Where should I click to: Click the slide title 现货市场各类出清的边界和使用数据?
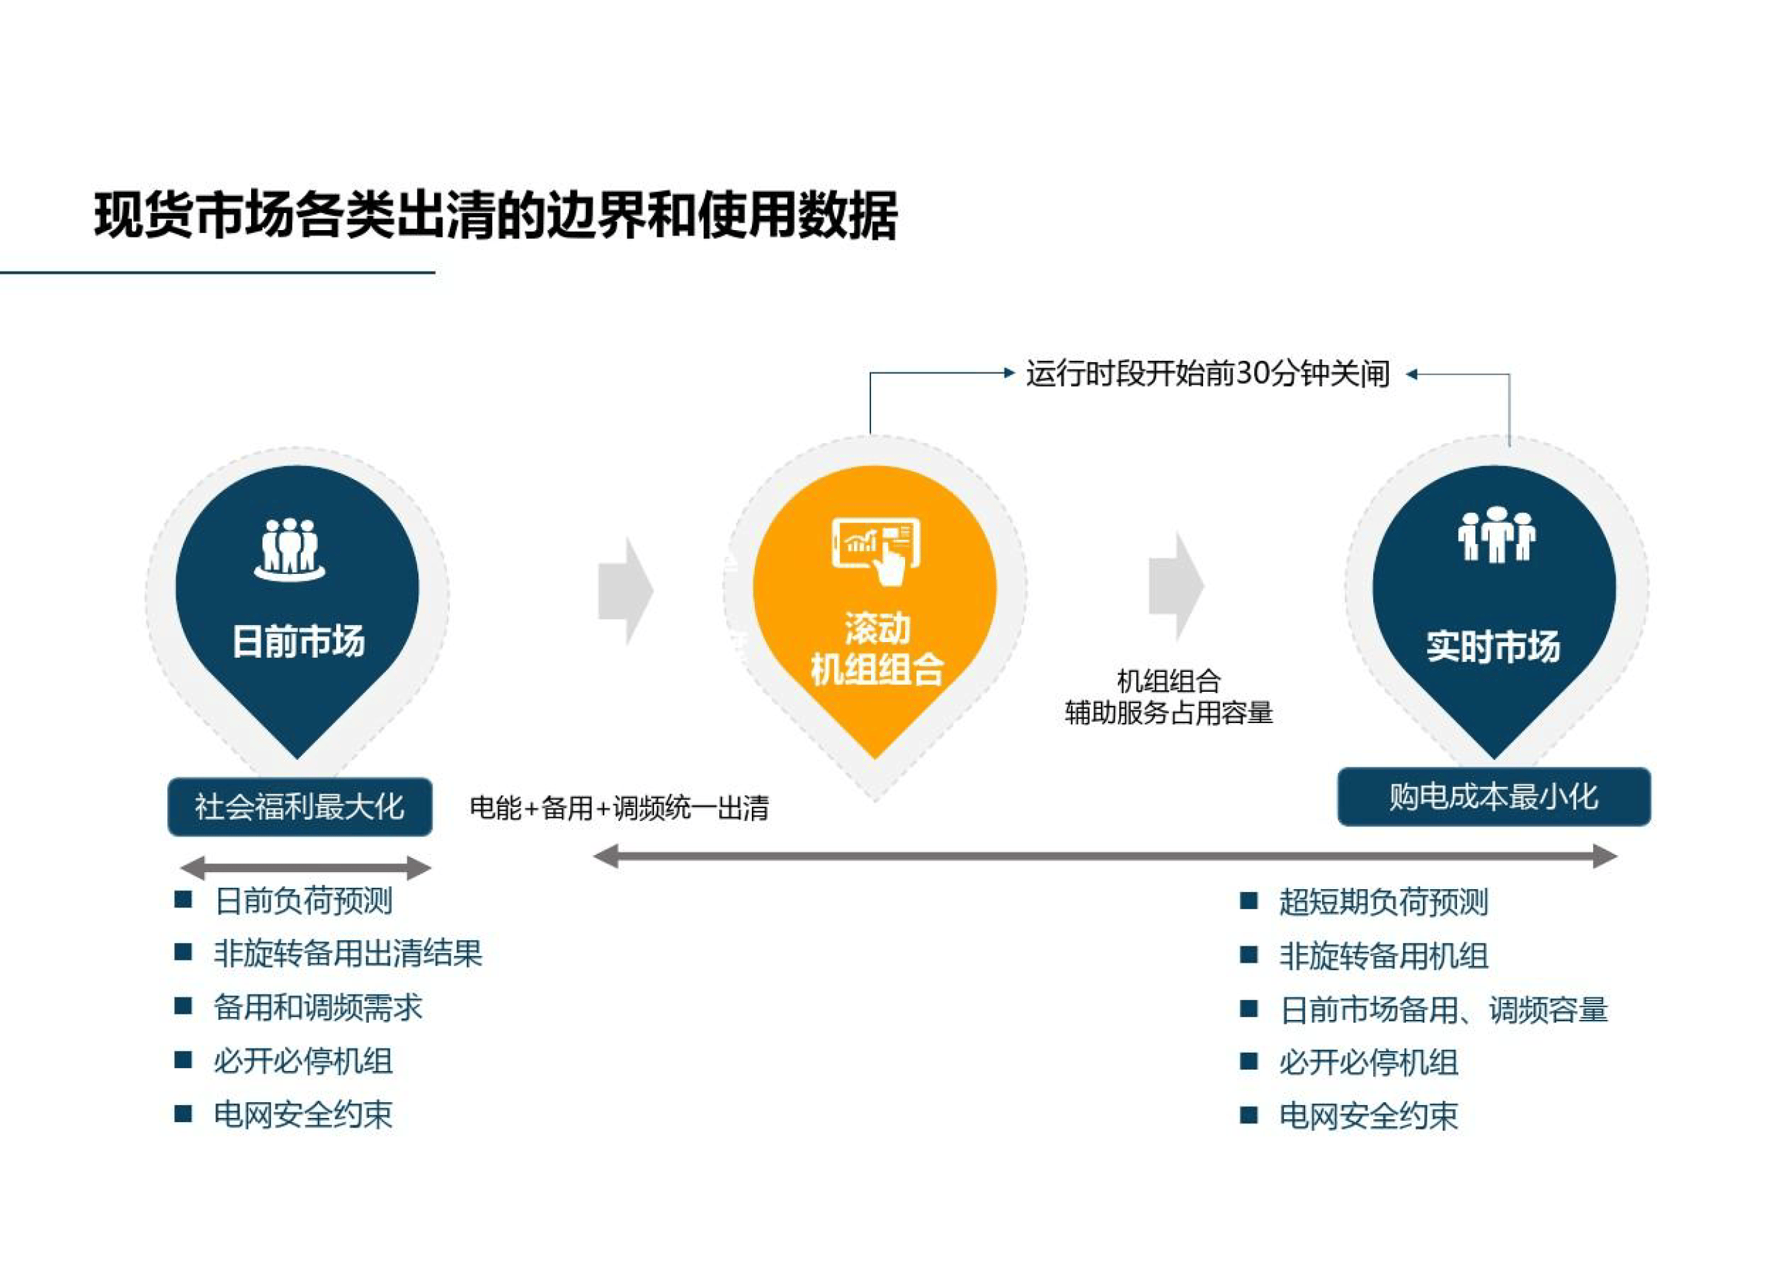(495, 214)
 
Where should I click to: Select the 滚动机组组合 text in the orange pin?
(876, 650)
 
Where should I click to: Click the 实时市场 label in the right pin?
(1493, 647)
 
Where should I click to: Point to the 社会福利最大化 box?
(300, 807)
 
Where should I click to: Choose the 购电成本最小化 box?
(1494, 797)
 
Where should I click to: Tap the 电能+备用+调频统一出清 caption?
(619, 808)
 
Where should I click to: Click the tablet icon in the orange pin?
(876, 549)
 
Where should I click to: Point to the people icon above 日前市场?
(289, 549)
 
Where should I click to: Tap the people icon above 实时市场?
(1496, 535)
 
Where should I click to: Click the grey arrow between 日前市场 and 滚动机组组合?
(625, 590)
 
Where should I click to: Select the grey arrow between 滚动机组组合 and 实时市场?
(1176, 586)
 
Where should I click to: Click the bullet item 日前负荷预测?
(303, 901)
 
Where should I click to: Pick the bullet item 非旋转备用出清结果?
(348, 953)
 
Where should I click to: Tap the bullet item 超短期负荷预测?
(1383, 902)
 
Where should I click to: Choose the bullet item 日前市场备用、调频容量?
(1443, 1010)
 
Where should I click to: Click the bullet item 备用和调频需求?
(318, 1007)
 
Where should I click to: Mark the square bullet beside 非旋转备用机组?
(1248, 955)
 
